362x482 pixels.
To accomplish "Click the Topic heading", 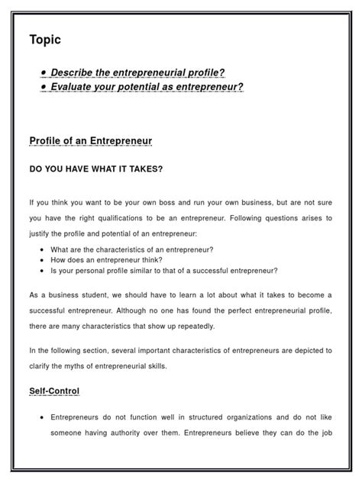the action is click(x=45, y=40).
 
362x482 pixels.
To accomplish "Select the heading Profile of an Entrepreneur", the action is click(x=90, y=141).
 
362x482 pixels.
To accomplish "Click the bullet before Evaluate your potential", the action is click(x=45, y=87).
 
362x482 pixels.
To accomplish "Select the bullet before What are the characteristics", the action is click(x=40, y=249).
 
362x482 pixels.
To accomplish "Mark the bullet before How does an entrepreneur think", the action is click(x=40, y=260).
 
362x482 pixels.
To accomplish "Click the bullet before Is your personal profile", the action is click(x=40, y=271).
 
